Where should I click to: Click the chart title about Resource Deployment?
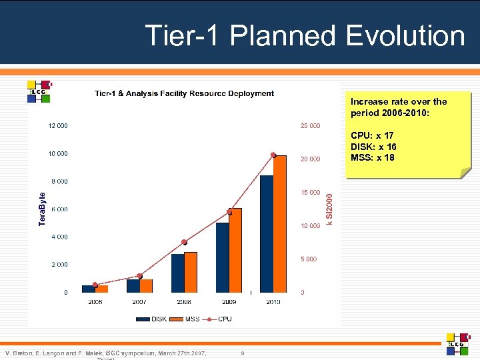tap(184, 93)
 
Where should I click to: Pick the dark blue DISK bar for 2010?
tap(267, 233)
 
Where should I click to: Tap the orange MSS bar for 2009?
tap(235, 250)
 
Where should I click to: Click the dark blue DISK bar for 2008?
tap(178, 273)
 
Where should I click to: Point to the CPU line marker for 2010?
tap(273, 155)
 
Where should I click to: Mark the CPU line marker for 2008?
tap(184, 242)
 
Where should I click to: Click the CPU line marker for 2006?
tap(95, 285)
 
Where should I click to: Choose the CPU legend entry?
tap(219, 319)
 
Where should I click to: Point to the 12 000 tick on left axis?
tap(57, 125)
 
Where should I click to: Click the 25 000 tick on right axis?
tap(310, 125)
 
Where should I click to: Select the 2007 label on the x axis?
tap(139, 302)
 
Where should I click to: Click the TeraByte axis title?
tap(42, 209)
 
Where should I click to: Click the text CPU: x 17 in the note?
tap(372, 136)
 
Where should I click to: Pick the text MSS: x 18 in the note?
tap(372, 158)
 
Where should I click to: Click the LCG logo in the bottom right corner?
tap(457, 343)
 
